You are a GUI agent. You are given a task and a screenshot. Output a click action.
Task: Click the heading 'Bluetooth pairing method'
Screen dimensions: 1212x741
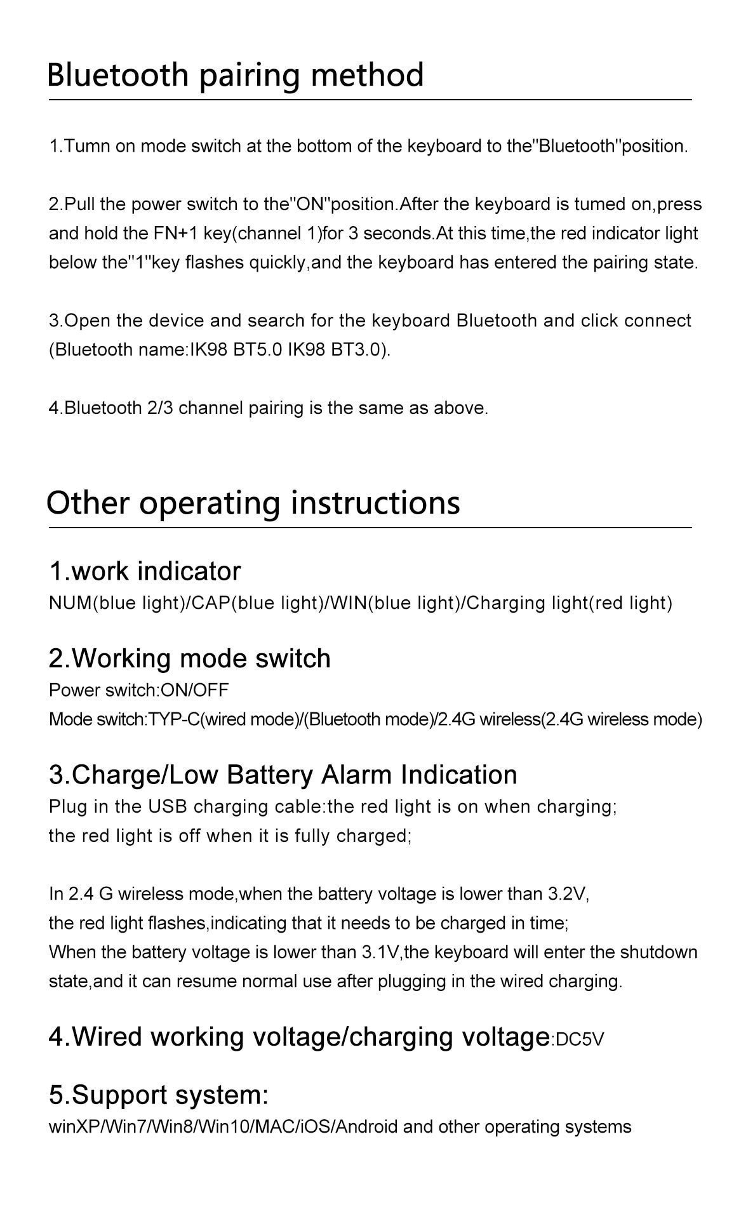tap(236, 75)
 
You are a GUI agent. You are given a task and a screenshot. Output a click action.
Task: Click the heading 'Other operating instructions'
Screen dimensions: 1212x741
tap(253, 503)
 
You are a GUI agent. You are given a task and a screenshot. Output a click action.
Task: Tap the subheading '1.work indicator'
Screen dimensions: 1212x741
tap(145, 571)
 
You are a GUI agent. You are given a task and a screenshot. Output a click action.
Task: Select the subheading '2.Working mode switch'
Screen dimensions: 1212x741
tap(189, 658)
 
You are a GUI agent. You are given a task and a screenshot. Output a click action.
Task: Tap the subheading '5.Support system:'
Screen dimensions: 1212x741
tap(159, 1095)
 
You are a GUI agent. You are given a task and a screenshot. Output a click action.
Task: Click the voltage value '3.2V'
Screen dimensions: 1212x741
tap(568, 894)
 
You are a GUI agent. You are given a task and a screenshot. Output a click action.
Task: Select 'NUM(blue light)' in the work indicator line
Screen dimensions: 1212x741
tap(116, 603)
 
